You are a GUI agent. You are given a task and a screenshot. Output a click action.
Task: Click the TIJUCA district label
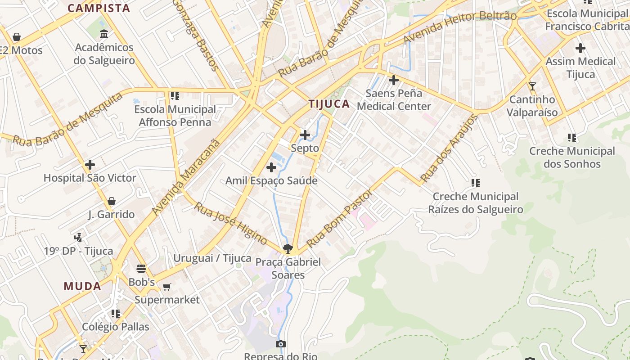[x=329, y=104]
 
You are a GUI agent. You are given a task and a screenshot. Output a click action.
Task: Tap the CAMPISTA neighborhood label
[x=99, y=8]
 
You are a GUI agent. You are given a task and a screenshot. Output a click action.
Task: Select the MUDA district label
[x=82, y=286]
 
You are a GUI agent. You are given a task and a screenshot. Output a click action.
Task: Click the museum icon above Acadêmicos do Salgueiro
[x=104, y=34]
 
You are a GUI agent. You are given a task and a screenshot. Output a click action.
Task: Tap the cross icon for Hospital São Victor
[x=90, y=165]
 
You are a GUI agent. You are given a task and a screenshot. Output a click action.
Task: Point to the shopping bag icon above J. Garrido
[x=111, y=201]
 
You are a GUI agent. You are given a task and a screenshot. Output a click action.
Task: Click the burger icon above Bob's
[x=141, y=269]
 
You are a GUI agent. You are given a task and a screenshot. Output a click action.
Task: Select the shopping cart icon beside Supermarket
[x=166, y=287]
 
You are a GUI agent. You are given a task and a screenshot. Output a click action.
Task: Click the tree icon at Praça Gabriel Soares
[x=288, y=248]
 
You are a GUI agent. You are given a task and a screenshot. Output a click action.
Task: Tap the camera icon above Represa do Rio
[x=280, y=344]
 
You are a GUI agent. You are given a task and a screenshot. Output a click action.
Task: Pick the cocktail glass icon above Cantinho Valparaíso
[x=532, y=86]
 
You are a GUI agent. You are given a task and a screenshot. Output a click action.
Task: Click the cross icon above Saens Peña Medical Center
[x=394, y=81]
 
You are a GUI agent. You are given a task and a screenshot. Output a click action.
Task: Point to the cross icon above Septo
[x=305, y=135]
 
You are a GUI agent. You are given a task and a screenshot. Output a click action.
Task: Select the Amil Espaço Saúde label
[x=271, y=181]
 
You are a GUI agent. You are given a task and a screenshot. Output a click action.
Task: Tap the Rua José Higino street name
[x=230, y=224]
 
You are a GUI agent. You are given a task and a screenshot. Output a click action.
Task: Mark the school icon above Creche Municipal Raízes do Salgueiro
[x=475, y=183]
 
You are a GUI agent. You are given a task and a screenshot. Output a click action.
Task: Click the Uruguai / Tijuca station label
[x=212, y=258]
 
